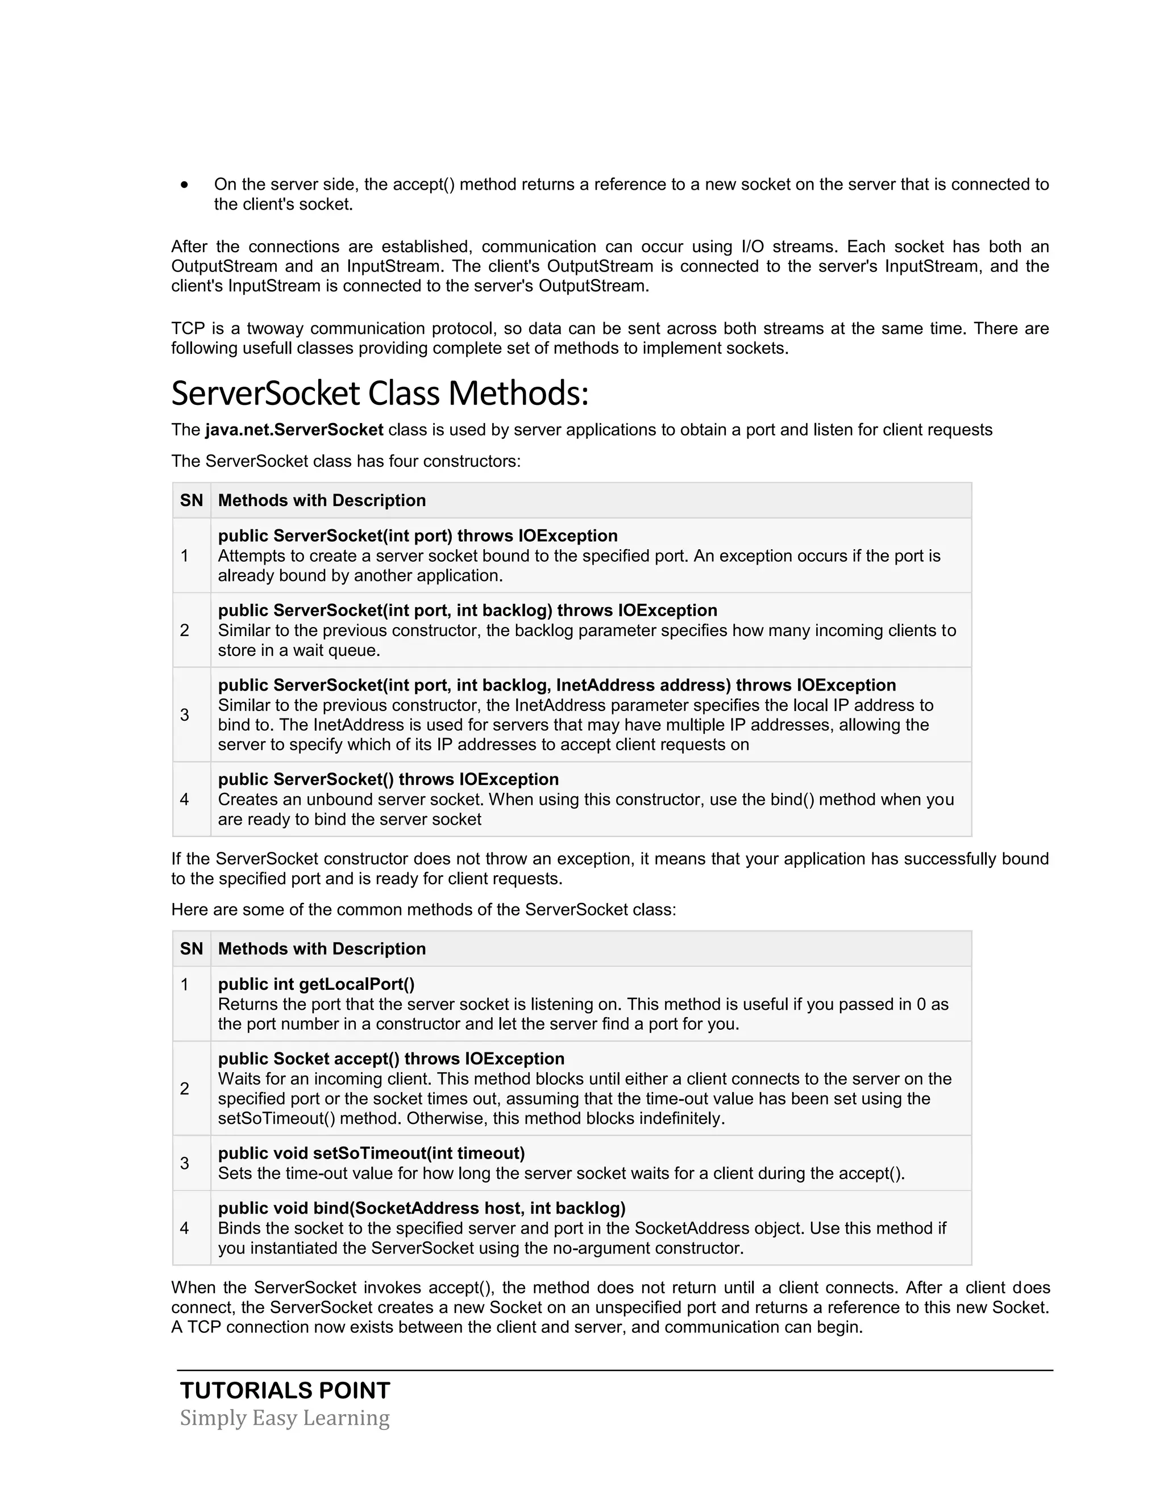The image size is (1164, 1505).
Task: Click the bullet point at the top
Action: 184,185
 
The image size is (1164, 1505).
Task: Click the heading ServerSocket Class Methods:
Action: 380,394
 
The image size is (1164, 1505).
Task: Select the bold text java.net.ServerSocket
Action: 294,430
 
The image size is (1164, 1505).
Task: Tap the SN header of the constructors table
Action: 191,500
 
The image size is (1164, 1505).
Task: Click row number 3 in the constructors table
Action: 184,714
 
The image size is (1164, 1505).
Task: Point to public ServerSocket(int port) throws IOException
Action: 418,536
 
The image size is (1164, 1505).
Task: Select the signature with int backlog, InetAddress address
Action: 557,685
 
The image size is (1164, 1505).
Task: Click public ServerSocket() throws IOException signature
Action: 388,779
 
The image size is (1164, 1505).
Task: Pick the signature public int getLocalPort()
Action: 317,985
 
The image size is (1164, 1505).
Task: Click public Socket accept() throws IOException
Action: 391,1059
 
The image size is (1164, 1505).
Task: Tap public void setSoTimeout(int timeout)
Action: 372,1153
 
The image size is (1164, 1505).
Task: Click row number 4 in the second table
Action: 184,1228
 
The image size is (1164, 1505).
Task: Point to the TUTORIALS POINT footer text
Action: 285,1391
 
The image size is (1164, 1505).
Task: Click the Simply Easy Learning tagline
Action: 285,1418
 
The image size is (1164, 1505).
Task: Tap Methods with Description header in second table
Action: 322,949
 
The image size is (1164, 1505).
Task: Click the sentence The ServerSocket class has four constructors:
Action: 346,461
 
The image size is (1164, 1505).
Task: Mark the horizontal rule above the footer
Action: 615,1370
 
